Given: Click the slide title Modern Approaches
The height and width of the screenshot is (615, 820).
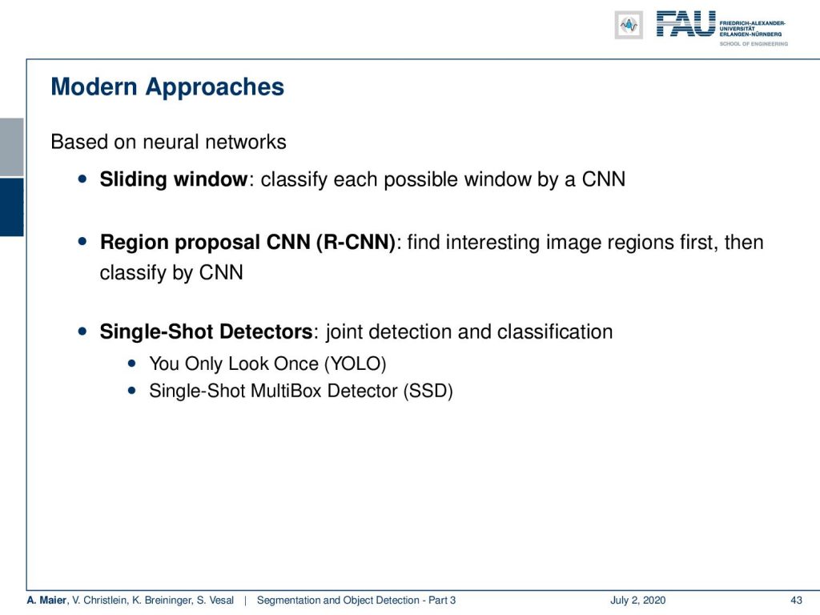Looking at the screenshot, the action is pos(167,87).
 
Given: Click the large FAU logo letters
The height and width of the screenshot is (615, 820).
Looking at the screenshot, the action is pos(685,24).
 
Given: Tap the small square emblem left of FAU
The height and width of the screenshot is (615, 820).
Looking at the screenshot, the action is pos(629,25).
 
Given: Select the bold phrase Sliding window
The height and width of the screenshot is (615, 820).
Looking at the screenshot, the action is pos(174,179).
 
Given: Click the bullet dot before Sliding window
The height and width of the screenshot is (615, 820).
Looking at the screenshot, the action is pos(82,179).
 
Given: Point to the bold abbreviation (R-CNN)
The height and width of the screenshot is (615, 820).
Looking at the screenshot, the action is pos(356,242).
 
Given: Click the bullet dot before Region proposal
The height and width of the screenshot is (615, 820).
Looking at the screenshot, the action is pos(82,241).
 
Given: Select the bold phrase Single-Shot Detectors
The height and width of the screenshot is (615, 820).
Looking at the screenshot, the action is pos(206,332).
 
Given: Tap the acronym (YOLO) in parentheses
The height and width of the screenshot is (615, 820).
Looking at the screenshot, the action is pos(355,364).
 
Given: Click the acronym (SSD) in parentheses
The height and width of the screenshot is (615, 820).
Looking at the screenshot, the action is pos(428,391).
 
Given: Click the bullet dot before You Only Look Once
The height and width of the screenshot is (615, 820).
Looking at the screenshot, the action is pos(132,363).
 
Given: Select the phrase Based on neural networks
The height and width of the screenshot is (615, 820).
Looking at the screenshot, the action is pos(168,143).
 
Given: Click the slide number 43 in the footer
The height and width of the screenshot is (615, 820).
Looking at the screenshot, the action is pos(796,601).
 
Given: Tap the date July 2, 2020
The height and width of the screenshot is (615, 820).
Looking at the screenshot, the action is pos(637,601).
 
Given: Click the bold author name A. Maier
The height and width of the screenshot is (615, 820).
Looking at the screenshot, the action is pos(46,601).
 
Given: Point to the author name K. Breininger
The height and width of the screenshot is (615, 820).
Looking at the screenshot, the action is pos(162,601).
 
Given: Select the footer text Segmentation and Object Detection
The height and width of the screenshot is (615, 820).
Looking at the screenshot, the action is pos(338,601).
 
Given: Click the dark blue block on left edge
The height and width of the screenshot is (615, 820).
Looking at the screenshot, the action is pos(11,207).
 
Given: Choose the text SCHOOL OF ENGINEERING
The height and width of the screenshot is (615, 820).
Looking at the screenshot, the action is pos(753,44).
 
